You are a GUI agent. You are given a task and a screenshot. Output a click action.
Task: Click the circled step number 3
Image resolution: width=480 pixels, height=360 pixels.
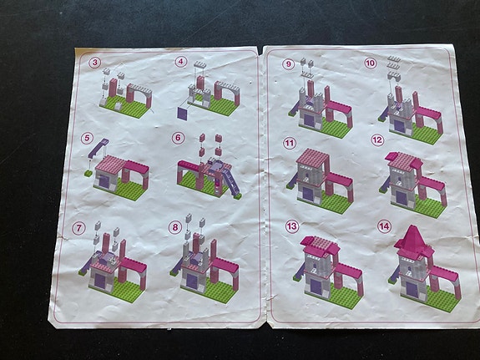point(96,62)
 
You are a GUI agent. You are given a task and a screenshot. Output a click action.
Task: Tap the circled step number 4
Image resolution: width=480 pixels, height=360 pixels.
point(179,61)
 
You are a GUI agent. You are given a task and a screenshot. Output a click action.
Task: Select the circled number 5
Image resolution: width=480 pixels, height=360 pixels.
point(87,139)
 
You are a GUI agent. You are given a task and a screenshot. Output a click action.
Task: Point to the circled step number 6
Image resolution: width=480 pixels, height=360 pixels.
point(178,137)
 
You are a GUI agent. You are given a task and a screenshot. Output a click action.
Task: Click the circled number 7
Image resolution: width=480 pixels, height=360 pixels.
point(78,227)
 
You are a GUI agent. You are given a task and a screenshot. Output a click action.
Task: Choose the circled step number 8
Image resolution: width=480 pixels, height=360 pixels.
point(174,226)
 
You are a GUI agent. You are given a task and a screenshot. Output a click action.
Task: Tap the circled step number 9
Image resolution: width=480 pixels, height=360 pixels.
point(289,63)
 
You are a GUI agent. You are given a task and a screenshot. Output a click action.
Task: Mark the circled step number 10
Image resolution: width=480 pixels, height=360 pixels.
point(371,63)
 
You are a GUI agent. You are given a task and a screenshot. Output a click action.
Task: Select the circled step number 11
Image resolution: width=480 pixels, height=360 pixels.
point(290,143)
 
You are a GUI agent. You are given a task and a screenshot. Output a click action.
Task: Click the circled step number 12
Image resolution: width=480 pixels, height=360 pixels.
point(377,140)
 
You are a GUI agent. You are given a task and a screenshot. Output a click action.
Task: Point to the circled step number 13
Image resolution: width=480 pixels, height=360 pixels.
point(291,226)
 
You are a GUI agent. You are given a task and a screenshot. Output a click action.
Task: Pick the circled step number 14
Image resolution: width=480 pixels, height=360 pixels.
point(383,226)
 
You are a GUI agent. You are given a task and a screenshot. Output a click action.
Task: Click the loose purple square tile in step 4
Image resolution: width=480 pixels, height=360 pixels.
point(183,110)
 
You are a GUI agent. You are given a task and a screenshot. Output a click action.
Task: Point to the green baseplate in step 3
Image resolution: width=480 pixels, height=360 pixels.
point(125,105)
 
